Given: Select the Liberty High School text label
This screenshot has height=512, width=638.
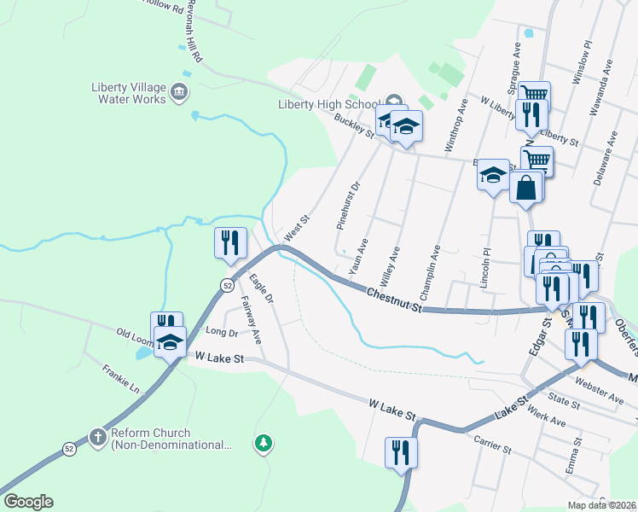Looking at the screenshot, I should click(328, 105).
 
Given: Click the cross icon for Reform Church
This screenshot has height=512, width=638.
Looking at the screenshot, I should click(98, 438).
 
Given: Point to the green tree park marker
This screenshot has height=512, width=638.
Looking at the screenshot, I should click(264, 443).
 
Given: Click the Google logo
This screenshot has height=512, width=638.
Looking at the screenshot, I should click(28, 502).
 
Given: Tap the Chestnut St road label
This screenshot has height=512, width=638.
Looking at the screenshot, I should click(394, 299).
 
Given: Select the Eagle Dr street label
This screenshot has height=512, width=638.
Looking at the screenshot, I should click(261, 288).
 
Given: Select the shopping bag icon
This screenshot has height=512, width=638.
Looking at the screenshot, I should click(526, 187).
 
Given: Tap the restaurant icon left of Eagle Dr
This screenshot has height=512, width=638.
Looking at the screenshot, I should click(230, 242).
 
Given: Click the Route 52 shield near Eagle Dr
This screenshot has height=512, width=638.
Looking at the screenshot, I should click(226, 284).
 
